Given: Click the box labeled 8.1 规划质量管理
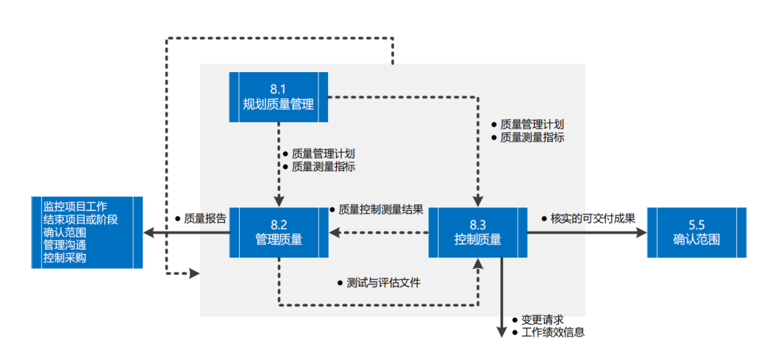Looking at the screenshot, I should point(278,97).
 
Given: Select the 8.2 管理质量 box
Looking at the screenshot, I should point(279,232).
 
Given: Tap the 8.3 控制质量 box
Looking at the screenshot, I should point(477,232).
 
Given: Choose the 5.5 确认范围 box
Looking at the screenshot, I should point(696,232).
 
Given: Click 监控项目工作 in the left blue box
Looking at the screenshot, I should point(75,207).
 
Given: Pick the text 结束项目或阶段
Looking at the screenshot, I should point(81,219).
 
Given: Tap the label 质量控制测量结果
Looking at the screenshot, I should point(381,209).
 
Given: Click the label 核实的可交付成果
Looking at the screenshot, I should point(593,219).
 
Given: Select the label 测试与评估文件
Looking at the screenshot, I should point(383,283).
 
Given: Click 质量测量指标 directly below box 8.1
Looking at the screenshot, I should point(323,167).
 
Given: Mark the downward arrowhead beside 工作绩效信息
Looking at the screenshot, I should point(502,331).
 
